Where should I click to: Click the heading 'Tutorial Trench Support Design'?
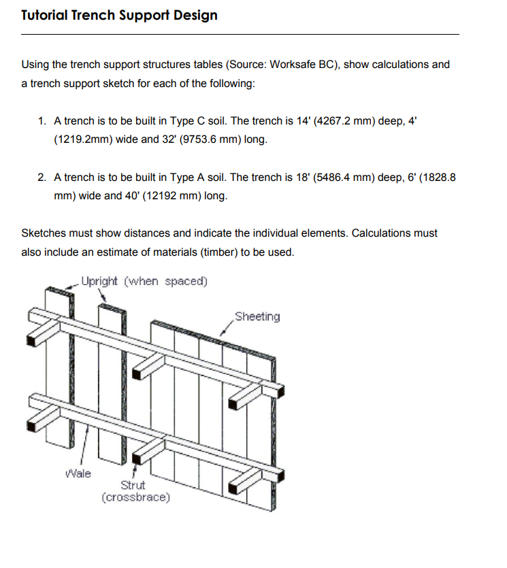[119, 15]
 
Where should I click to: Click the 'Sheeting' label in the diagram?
[257, 316]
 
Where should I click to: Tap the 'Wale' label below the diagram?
[78, 473]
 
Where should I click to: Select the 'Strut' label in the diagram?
[133, 485]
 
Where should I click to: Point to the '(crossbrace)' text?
[135, 497]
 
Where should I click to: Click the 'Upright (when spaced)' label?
[144, 281]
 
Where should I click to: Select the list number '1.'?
[42, 121]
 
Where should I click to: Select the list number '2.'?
[42, 178]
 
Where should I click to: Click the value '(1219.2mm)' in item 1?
[80, 140]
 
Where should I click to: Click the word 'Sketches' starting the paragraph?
[44, 233]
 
